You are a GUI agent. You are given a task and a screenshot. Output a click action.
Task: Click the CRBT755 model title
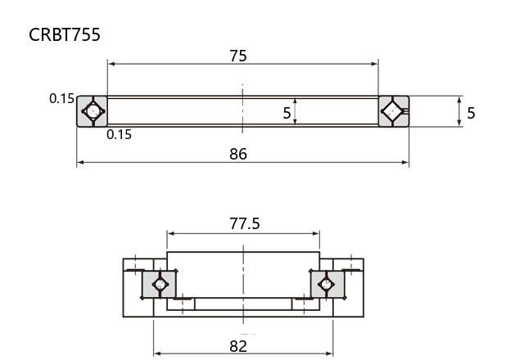click(65, 34)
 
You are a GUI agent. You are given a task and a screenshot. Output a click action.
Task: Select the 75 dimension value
click(238, 56)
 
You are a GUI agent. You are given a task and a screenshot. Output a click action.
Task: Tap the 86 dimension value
click(238, 154)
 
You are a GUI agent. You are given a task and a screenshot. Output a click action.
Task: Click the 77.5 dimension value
click(244, 223)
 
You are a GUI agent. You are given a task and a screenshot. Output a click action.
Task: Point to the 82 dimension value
click(238, 346)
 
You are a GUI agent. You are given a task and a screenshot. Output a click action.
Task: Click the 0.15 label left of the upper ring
click(61, 98)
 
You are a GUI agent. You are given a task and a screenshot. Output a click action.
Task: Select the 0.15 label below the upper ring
click(119, 134)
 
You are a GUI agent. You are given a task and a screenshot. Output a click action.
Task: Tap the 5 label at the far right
click(471, 113)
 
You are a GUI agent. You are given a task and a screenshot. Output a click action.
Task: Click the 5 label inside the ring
click(287, 113)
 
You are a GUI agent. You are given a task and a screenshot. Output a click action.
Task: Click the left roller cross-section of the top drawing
click(93, 111)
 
